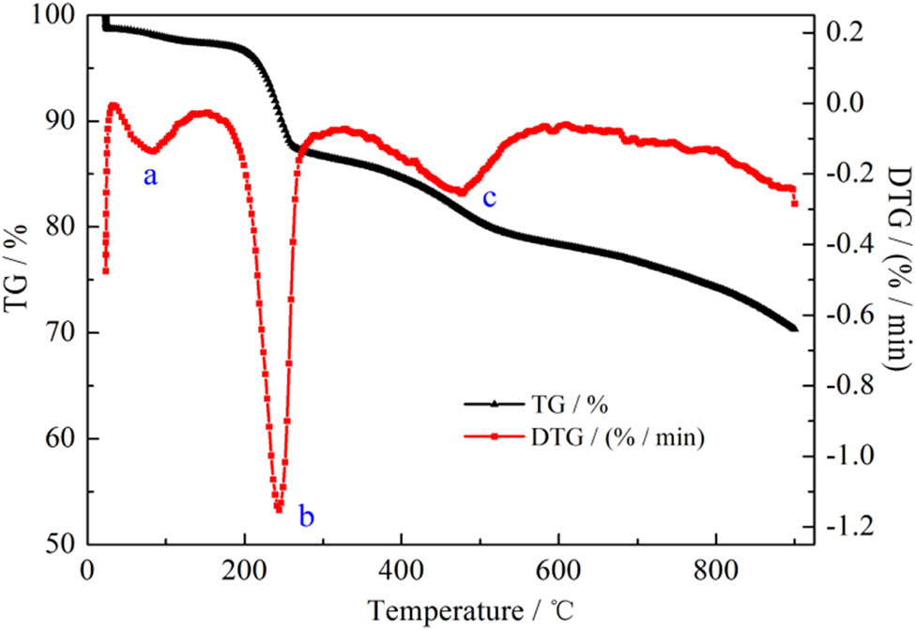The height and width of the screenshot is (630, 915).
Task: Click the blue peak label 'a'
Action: point(149,176)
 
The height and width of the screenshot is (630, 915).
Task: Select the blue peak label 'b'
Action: point(306,515)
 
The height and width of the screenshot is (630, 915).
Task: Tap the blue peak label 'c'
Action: point(488,198)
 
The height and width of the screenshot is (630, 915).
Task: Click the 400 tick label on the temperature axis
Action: point(402,571)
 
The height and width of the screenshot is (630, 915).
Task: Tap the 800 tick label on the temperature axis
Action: point(716,571)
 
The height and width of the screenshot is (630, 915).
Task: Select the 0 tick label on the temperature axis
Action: point(88,571)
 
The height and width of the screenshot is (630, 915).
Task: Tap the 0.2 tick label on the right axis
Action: point(844,31)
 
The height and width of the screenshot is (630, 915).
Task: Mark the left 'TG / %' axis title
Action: point(18,280)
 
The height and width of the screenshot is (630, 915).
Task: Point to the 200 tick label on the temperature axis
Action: point(244,571)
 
